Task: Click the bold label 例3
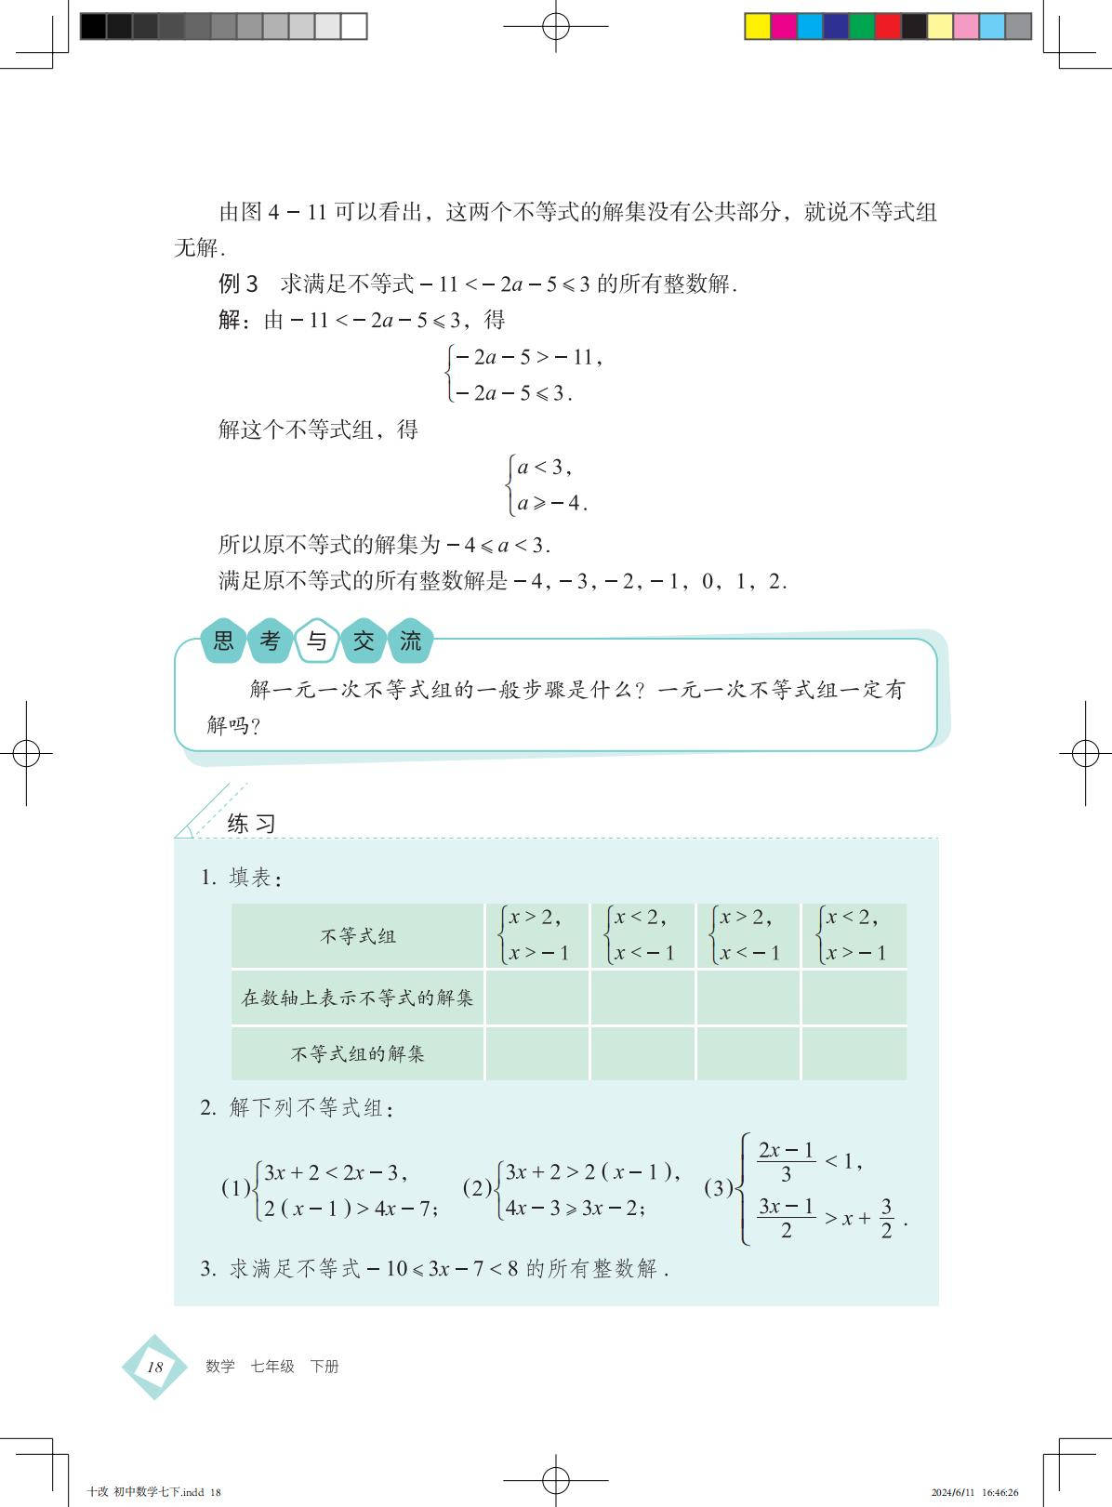point(238,284)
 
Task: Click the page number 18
point(154,1366)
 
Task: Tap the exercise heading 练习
point(251,824)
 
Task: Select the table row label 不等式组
point(358,936)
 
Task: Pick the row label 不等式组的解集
point(358,1053)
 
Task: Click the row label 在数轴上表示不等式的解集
point(358,998)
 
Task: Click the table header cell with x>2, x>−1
point(536,935)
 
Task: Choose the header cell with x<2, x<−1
point(642,935)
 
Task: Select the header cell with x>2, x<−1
point(748,935)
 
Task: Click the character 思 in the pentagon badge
point(224,641)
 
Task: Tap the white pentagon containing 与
point(317,641)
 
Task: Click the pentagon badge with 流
point(410,641)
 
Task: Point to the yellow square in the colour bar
point(758,26)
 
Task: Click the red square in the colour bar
point(888,26)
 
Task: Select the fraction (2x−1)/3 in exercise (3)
point(786,1161)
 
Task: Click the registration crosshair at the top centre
point(556,26)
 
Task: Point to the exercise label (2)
point(477,1187)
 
